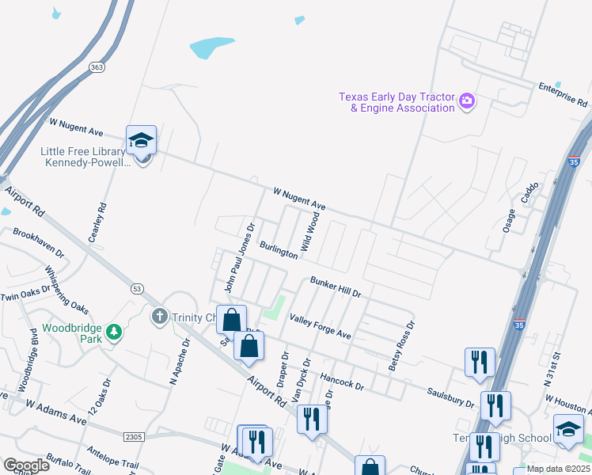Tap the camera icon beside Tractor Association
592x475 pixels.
[x=467, y=101]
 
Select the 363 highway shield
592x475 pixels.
[x=97, y=67]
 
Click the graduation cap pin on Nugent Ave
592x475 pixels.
[x=141, y=140]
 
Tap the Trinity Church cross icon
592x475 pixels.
[x=159, y=317]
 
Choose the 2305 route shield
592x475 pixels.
[x=134, y=436]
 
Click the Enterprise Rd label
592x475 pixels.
[x=562, y=94]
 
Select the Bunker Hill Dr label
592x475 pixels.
[x=336, y=287]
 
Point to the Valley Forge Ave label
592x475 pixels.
[x=320, y=326]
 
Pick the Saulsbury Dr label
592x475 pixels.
[x=450, y=397]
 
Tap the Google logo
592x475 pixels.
[x=26, y=465]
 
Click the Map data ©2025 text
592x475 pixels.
[x=558, y=469]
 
